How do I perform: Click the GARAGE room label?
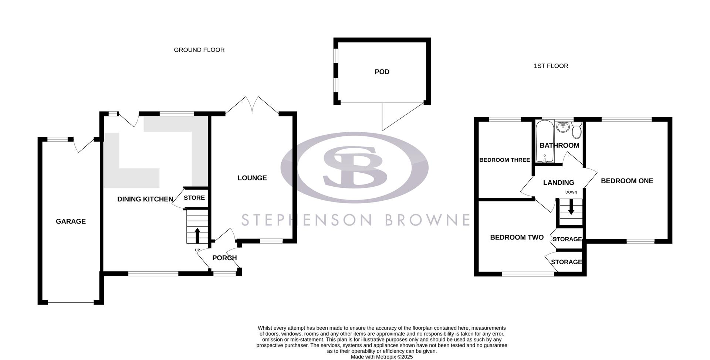click(71, 221)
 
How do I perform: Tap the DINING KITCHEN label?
click(145, 199)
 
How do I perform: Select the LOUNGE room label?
click(252, 178)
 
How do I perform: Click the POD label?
click(382, 72)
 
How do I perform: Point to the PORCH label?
click(224, 258)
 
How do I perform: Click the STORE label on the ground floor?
click(194, 198)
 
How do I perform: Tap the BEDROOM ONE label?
click(627, 181)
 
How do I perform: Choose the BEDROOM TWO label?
click(517, 237)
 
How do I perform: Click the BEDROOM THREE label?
click(504, 160)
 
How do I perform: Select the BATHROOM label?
click(559, 145)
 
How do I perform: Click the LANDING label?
click(558, 183)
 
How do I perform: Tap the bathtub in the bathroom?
click(544, 140)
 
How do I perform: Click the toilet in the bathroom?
click(577, 130)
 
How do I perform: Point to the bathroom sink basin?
click(563, 127)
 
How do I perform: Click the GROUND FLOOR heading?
click(199, 50)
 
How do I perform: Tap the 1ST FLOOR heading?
click(551, 66)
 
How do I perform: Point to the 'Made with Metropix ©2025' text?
click(382, 357)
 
